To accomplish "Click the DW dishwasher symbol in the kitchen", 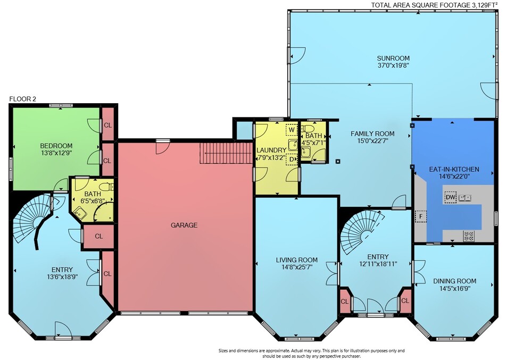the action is [x=450, y=197].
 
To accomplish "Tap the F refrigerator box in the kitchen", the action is [x=421, y=216].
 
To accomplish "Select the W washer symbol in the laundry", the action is [x=292, y=130].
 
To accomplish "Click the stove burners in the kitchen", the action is [x=469, y=236].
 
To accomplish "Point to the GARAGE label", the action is [x=184, y=225].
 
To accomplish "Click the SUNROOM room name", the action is [x=393, y=58].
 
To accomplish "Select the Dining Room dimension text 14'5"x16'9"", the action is [x=454, y=288].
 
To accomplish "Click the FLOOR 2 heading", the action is [x=22, y=99].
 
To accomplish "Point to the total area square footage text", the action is [x=434, y=5].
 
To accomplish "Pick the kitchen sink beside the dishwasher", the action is [x=465, y=197].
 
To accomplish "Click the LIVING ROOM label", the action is [x=296, y=260].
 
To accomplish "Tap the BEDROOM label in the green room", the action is [x=56, y=146].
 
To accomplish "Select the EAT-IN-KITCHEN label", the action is [x=454, y=169].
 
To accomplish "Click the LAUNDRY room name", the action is [x=271, y=150].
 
